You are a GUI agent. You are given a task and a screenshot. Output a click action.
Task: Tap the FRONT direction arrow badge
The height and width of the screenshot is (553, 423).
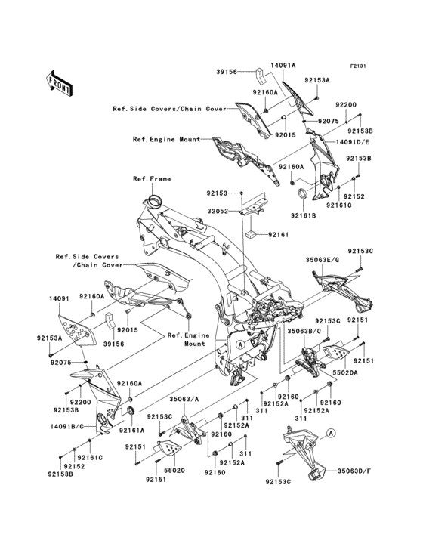point(60,81)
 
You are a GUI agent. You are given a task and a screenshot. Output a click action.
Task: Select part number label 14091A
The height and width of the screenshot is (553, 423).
point(284,66)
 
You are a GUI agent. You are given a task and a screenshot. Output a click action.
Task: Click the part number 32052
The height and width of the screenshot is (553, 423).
point(219,212)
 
